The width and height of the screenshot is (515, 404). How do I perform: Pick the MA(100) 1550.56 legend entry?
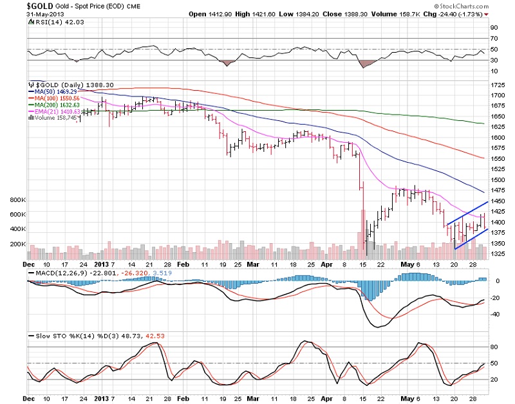(x=59, y=98)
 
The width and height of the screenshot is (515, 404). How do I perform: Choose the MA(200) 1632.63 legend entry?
(x=59, y=105)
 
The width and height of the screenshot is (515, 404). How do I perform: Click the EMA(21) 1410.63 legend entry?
(x=60, y=111)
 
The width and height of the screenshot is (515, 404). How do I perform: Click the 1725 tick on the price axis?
(x=500, y=85)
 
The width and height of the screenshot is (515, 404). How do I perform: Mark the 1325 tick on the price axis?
(x=500, y=253)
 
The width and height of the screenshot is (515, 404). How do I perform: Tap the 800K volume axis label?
(x=18, y=200)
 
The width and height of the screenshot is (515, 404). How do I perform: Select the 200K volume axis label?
(x=18, y=244)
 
